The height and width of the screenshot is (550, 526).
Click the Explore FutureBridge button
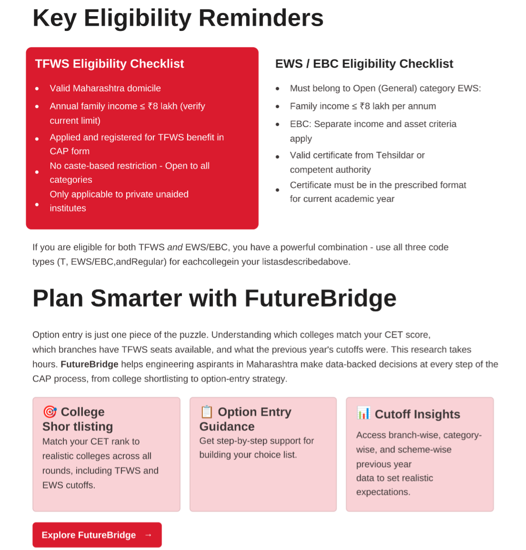pos(97,535)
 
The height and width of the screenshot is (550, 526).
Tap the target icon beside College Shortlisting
pos(50,411)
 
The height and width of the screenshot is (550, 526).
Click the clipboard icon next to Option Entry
pos(207,411)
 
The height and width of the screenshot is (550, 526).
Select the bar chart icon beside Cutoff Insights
pos(364,413)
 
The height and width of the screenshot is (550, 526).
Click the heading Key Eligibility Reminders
pos(178,18)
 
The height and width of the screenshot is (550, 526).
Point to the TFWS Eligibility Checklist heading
pos(110,64)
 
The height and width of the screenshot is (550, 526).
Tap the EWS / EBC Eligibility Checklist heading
pos(364,64)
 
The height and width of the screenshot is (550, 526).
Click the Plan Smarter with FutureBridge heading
pos(214,298)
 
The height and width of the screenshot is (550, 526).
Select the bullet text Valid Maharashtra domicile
pos(105,89)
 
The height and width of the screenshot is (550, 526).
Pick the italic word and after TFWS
pos(175,247)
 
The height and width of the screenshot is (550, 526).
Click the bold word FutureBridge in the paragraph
pos(90,364)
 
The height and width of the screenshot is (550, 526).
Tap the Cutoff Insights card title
pos(417,414)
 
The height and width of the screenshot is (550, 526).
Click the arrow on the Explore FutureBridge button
pos(148,535)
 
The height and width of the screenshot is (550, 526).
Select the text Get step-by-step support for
pos(256,441)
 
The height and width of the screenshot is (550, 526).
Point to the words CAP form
pos(70,151)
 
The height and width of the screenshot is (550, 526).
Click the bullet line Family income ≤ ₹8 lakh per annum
pos(363,106)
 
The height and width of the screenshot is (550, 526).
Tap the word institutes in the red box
pos(68,209)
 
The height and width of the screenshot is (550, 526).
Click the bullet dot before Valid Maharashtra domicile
pos(37,89)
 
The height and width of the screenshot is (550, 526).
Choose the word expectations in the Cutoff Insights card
pos(383,492)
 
